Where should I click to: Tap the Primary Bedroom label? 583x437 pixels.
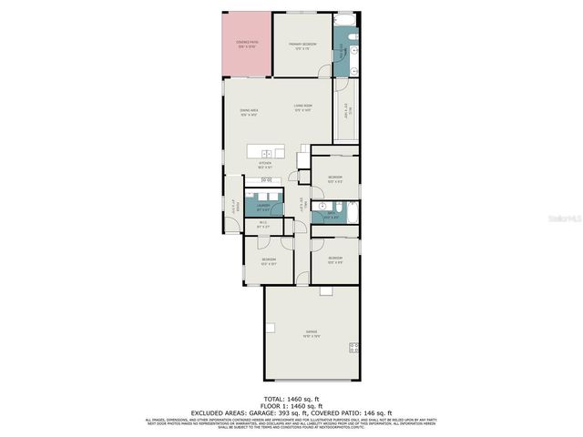pos(303,46)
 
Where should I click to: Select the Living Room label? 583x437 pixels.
pos(303,108)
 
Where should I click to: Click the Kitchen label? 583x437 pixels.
pos(265,164)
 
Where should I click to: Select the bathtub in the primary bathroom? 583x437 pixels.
pos(347,19)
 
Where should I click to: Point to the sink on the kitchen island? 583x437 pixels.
pos(266,152)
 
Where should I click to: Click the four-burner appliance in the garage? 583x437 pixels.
pos(353,347)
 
